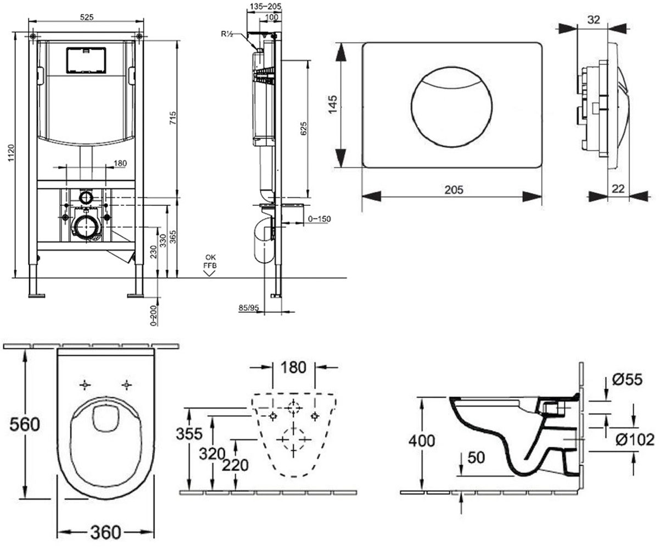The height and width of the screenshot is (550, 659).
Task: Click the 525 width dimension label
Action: (x=86, y=18)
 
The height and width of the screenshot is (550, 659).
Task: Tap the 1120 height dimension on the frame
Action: (x=11, y=153)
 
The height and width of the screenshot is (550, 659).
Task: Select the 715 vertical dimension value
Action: (x=173, y=118)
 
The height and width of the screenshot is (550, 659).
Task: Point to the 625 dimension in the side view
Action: (x=303, y=128)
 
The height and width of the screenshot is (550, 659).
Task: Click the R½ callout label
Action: (x=227, y=34)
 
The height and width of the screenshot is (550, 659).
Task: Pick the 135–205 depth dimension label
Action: (x=265, y=6)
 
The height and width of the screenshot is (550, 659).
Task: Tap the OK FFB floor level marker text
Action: (x=210, y=261)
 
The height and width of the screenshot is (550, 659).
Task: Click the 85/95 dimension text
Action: (x=249, y=307)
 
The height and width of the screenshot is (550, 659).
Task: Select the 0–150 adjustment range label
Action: (x=320, y=219)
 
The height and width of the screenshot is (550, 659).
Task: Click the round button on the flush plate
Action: (x=451, y=107)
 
